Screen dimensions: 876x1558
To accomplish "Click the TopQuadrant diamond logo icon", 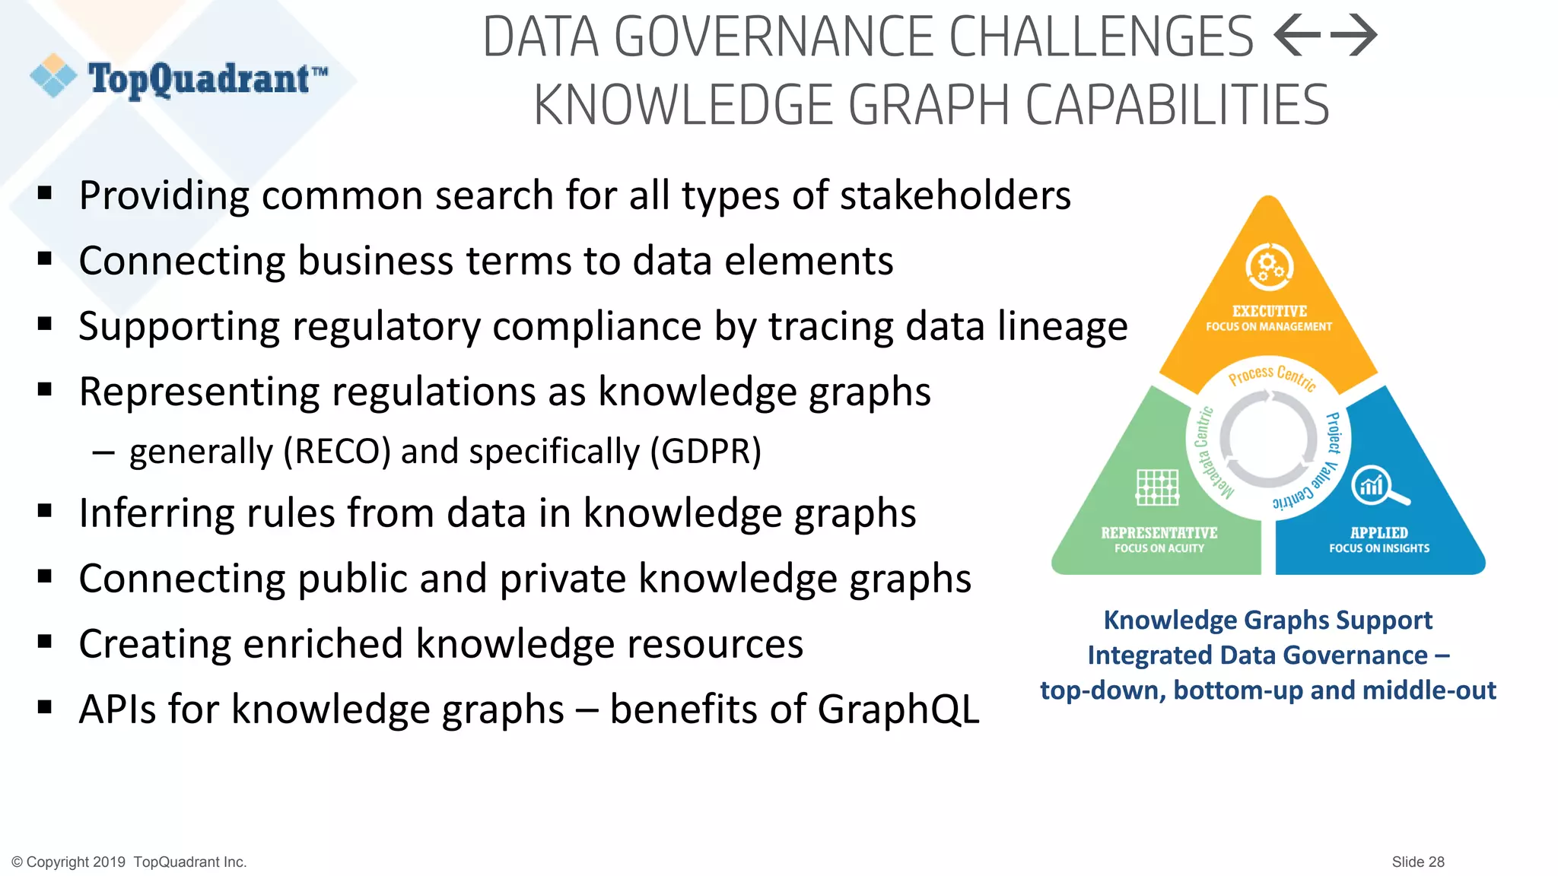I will (x=53, y=75).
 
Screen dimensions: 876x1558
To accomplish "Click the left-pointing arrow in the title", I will (x=1296, y=36).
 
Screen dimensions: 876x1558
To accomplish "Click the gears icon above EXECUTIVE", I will (x=1269, y=267).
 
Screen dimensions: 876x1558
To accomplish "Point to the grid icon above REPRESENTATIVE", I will (x=1157, y=487).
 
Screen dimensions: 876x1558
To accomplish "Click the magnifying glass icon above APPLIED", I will (x=1378, y=487).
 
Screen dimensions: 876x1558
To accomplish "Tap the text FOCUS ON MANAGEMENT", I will (x=1269, y=327).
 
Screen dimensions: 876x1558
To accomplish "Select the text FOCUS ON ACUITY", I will (x=1159, y=548).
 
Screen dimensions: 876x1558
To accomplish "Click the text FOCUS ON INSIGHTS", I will (x=1379, y=548).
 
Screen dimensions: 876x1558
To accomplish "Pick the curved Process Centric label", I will (x=1272, y=376).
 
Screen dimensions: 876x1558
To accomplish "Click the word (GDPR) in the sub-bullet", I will (x=705, y=452).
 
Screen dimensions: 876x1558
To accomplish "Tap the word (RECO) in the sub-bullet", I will (x=337, y=452).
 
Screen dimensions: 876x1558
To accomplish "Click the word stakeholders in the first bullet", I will (x=955, y=195).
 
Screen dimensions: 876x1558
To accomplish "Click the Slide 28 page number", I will (x=1417, y=862).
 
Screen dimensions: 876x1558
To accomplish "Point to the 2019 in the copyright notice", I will (x=109, y=862).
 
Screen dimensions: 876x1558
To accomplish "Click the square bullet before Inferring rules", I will (x=45, y=511).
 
